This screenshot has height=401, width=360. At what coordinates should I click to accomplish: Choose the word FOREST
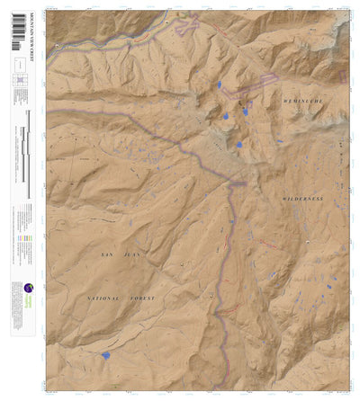click(142, 298)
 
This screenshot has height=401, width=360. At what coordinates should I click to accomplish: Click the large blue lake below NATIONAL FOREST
click(106, 355)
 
